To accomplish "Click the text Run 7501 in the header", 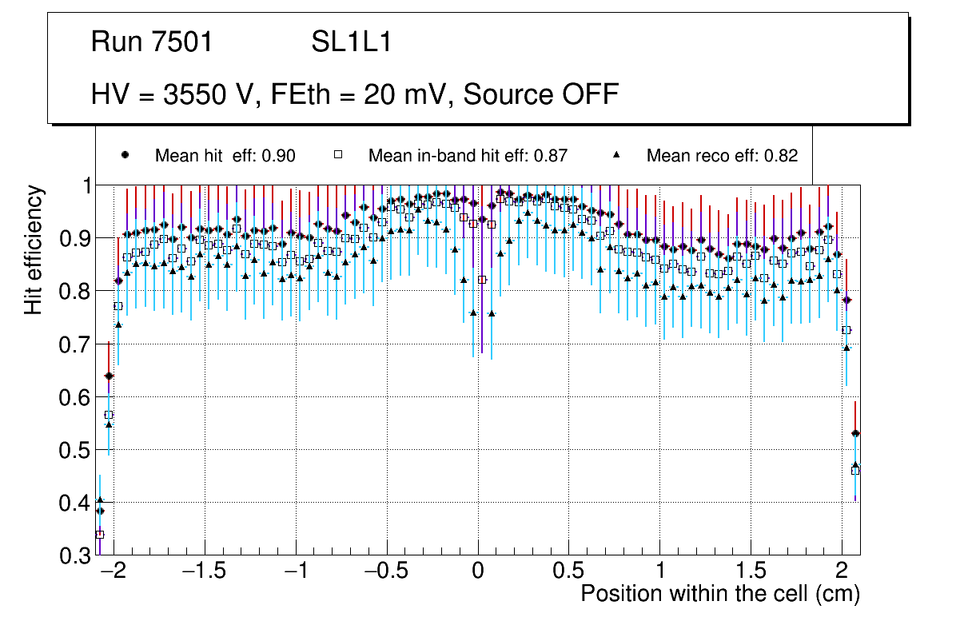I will click(152, 42).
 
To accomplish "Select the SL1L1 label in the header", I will click(351, 42).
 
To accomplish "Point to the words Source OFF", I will click(541, 94).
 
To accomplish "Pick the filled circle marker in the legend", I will click(124, 155).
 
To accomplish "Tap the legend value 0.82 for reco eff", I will click(781, 156).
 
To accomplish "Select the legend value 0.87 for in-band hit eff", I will click(551, 156).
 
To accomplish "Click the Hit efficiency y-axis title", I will click(34, 249).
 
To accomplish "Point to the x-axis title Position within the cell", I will click(719, 594).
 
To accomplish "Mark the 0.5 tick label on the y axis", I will click(76, 450).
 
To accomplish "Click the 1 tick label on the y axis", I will click(85, 185).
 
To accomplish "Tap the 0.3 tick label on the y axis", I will click(76, 555).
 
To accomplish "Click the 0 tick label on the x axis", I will click(477, 571).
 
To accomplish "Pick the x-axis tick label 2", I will click(842, 571).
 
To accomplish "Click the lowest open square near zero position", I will click(482, 280).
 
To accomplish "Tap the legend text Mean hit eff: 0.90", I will click(225, 156).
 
